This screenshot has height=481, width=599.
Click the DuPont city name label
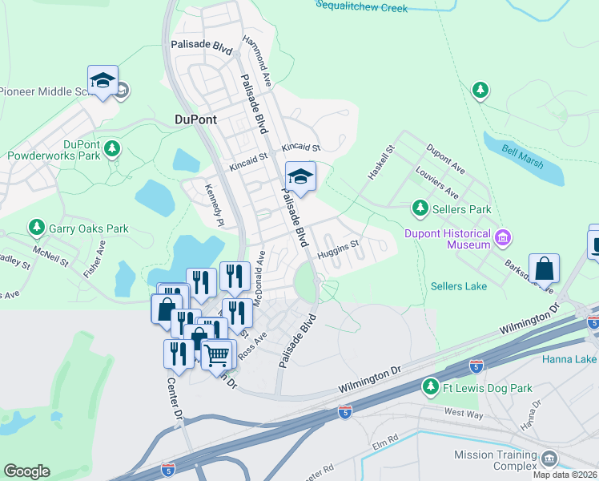195,119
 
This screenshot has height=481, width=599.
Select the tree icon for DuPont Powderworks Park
113,148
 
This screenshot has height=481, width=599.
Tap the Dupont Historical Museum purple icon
504,237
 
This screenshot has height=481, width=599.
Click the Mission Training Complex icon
549,459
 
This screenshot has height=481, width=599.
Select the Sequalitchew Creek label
361,7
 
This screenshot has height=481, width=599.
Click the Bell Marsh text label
523,157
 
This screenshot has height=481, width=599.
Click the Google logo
27,471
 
